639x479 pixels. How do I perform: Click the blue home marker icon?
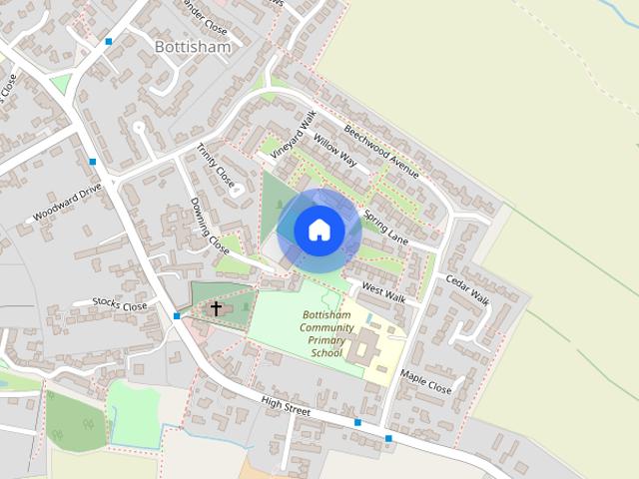click(319, 230)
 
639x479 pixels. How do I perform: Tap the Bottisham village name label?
click(193, 47)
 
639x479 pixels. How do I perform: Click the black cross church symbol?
click(216, 308)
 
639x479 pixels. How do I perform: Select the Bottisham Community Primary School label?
click(326, 334)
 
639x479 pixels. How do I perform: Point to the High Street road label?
click(287, 406)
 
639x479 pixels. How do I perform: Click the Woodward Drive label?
click(68, 202)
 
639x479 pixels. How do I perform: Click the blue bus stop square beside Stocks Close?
click(176, 316)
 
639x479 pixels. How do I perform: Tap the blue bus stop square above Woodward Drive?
click(92, 161)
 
